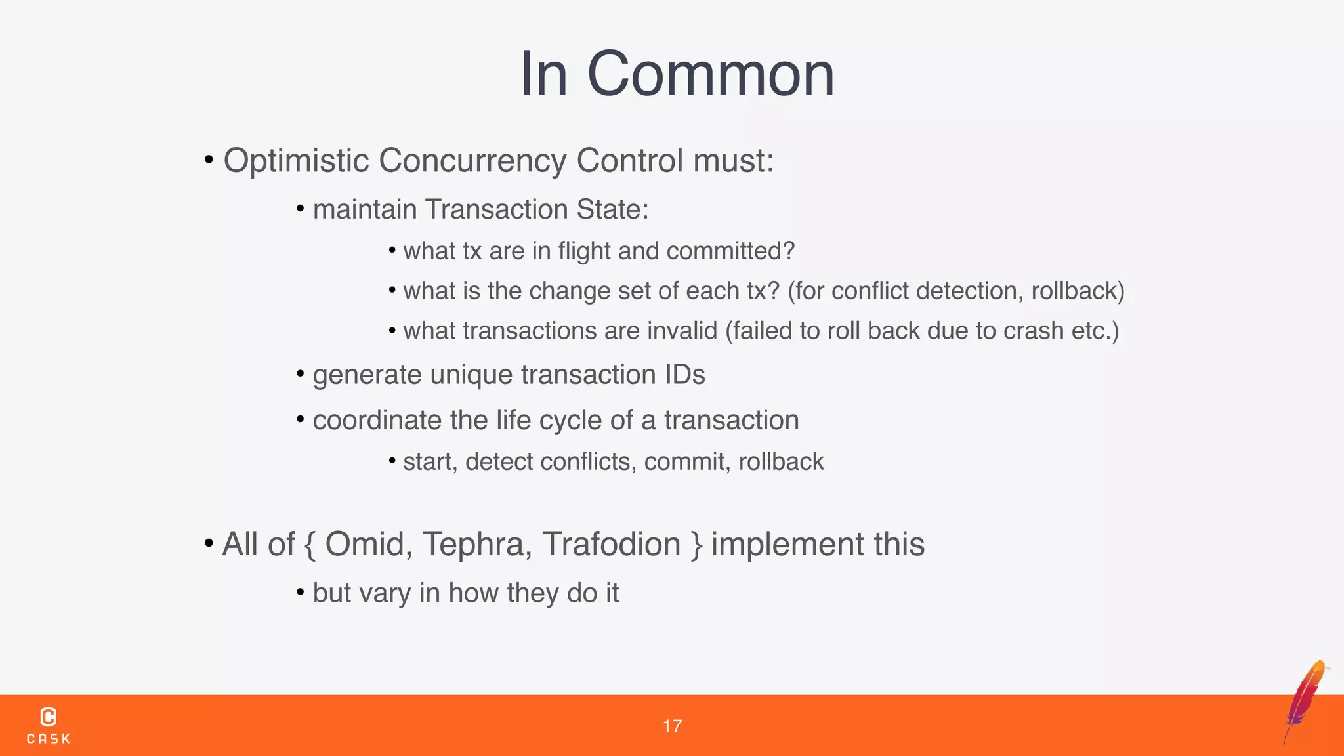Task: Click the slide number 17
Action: [x=672, y=726]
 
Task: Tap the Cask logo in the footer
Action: [x=49, y=725]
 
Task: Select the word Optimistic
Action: [x=296, y=161]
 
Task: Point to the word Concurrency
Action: [x=472, y=161]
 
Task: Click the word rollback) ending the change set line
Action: [x=1078, y=291]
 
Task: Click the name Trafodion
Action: [x=611, y=544]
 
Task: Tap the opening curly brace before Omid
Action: [x=310, y=545]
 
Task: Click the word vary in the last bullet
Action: [x=385, y=593]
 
